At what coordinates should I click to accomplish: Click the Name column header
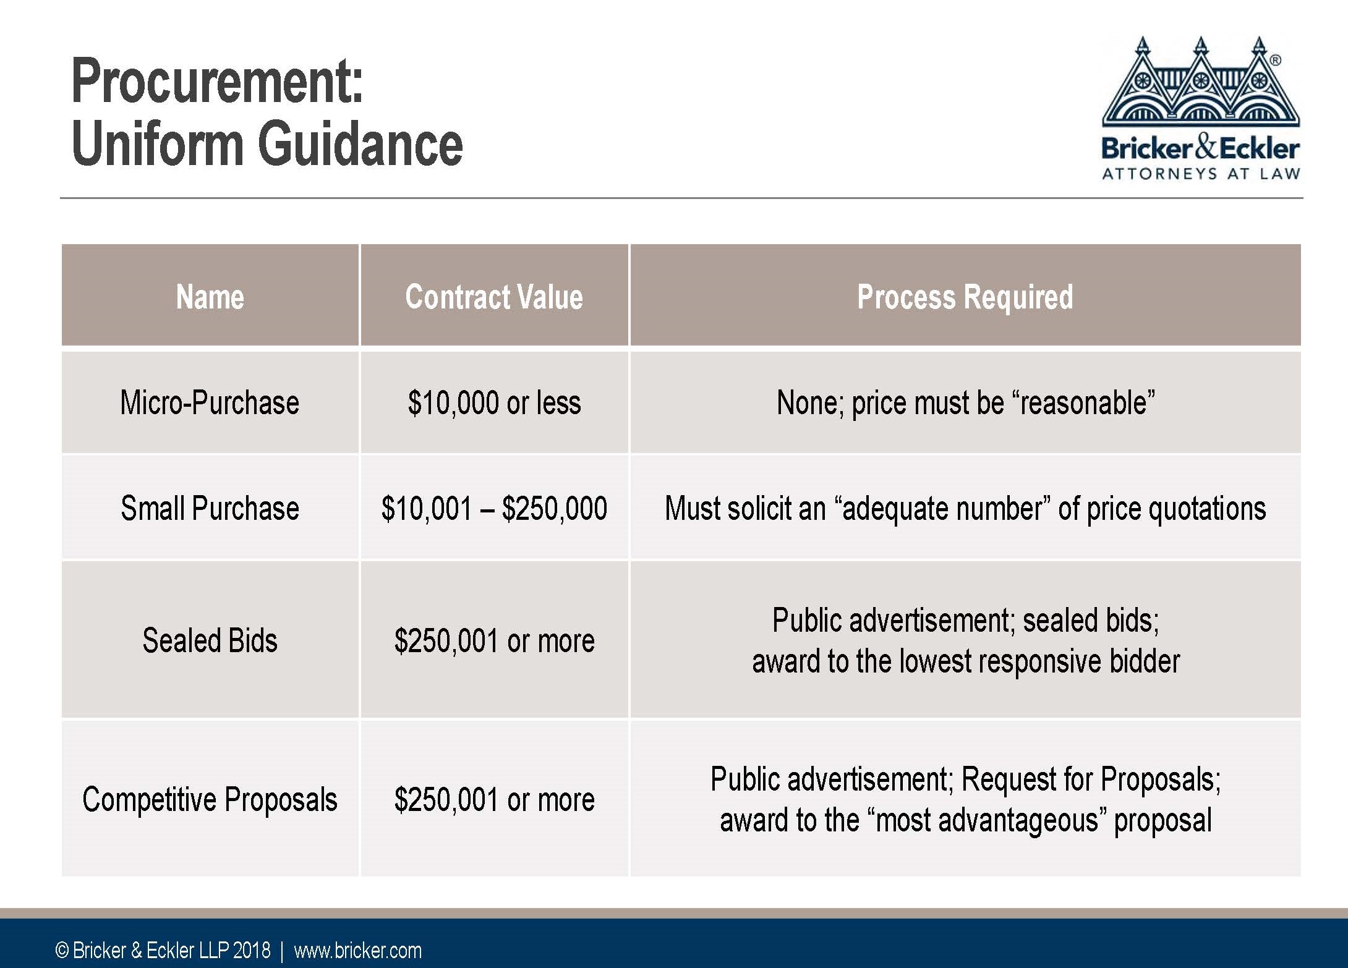[x=210, y=297]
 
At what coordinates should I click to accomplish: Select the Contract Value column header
[x=494, y=297]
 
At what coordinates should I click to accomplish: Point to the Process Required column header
[x=965, y=297]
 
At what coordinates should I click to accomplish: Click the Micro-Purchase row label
[x=210, y=402]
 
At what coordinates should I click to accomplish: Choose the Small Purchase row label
[x=210, y=508]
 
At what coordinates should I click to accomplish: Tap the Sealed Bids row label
[x=210, y=640]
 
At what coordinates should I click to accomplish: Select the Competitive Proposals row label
[x=210, y=799]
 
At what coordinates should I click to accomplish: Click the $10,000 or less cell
[x=494, y=402]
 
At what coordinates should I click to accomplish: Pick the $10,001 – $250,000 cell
[x=494, y=508]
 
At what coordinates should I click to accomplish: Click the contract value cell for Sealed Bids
[x=494, y=640]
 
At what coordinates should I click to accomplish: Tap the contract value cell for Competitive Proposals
[x=494, y=799]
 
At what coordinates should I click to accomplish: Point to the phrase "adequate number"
[x=942, y=509]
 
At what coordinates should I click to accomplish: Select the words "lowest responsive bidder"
[x=1039, y=661]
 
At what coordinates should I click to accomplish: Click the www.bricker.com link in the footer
[x=357, y=950]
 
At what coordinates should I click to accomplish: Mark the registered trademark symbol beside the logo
[x=1275, y=61]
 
